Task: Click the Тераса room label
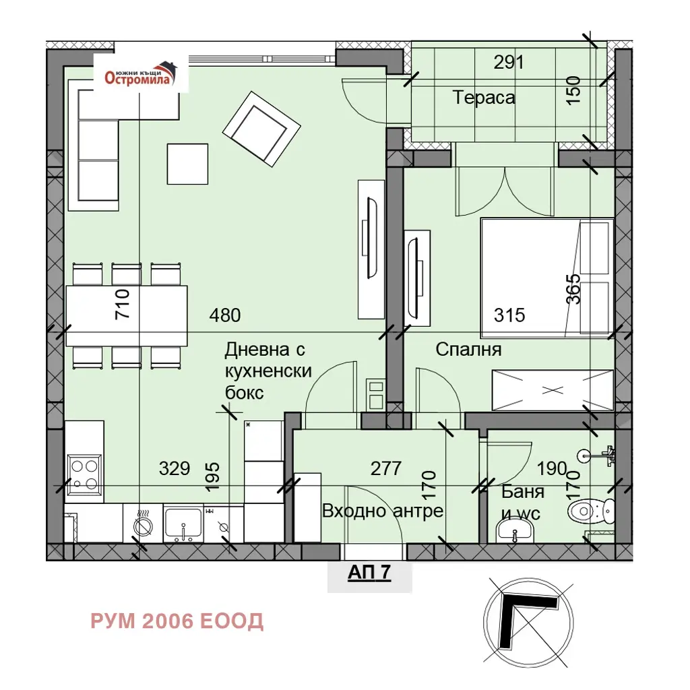pyautogui.click(x=484, y=97)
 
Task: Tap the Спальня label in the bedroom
pyautogui.click(x=469, y=350)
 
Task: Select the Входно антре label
pyautogui.click(x=383, y=511)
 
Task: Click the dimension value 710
pyautogui.click(x=122, y=304)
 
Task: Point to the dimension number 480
pyautogui.click(x=225, y=315)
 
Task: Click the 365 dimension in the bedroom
pyautogui.click(x=573, y=289)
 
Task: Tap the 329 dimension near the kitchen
pyautogui.click(x=175, y=468)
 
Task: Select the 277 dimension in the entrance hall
pyautogui.click(x=386, y=468)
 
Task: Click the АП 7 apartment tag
pyautogui.click(x=369, y=572)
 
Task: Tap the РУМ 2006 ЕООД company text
pyautogui.click(x=177, y=621)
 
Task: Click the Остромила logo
pyautogui.click(x=141, y=73)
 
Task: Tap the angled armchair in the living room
pyautogui.click(x=261, y=129)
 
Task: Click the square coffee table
pyautogui.click(x=187, y=164)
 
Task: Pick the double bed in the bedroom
pyautogui.click(x=547, y=278)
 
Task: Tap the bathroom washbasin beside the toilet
pyautogui.click(x=514, y=531)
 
